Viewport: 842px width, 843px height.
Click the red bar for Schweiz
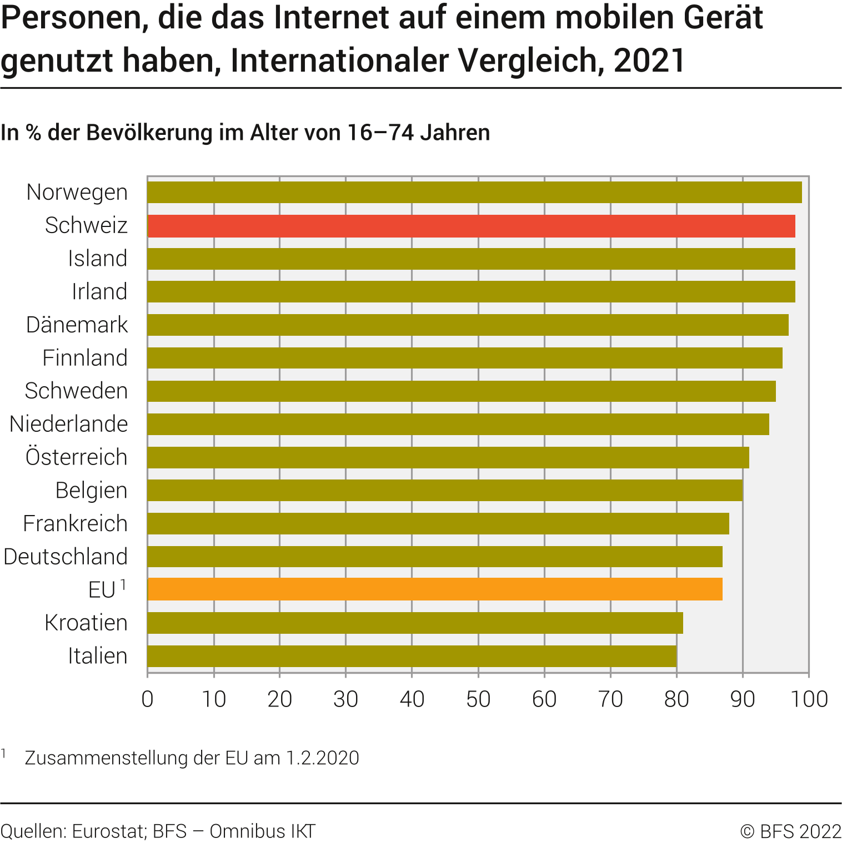[x=471, y=226]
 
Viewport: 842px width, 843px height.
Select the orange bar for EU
[x=435, y=589]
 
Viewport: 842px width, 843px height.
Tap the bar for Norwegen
[x=474, y=193]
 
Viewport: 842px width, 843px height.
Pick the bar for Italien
[x=412, y=656]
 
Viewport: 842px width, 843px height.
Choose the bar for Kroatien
[x=415, y=623]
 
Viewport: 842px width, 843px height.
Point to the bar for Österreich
[x=448, y=457]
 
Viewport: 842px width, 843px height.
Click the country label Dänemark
[x=77, y=325]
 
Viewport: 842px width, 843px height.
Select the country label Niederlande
[x=68, y=424]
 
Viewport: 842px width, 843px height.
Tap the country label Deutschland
[x=66, y=557]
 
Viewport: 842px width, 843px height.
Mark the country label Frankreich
[x=75, y=523]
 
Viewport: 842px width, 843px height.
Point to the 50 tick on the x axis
[x=478, y=699]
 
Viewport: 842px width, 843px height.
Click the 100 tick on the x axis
[x=809, y=699]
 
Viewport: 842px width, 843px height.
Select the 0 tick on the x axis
[x=148, y=699]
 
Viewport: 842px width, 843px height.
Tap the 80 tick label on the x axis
[x=676, y=699]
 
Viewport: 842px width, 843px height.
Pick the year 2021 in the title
[x=649, y=60]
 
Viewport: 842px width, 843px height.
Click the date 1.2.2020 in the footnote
[x=323, y=758]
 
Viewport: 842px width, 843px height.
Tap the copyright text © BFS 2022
[x=790, y=831]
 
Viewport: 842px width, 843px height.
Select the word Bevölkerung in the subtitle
[x=149, y=133]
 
